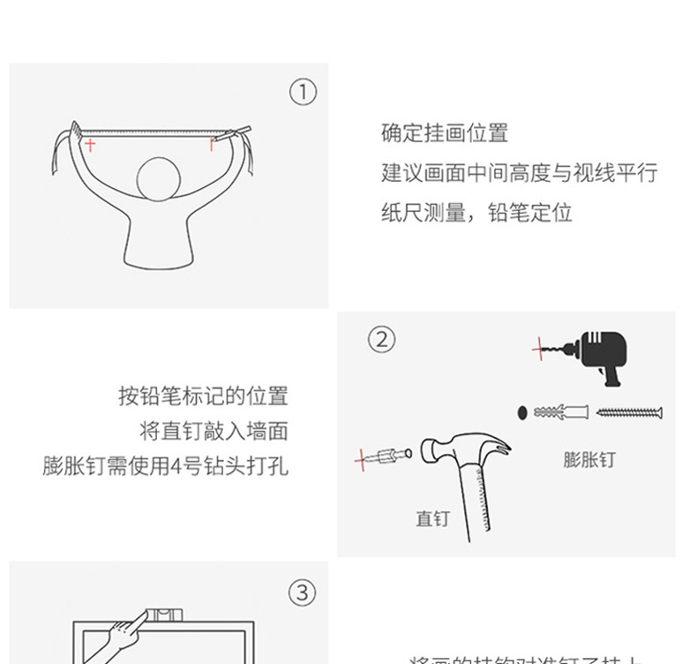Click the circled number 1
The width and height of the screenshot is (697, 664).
tap(303, 92)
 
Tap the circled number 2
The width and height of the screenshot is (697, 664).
tap(381, 339)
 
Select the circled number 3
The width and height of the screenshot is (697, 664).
tap(303, 592)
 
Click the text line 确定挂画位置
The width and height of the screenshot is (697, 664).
tap(445, 133)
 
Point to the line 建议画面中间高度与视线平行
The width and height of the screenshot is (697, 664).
tap(519, 173)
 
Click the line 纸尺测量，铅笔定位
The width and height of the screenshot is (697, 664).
tap(476, 213)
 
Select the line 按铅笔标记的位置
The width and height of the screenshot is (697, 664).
tap(203, 396)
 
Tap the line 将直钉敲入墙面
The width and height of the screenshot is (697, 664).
tap(214, 431)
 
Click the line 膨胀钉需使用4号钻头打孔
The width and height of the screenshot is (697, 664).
tap(165, 465)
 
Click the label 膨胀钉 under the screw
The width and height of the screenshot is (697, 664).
tap(589, 460)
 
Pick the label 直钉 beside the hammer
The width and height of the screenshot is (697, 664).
tap(432, 518)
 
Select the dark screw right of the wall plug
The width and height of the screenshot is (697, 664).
tap(629, 412)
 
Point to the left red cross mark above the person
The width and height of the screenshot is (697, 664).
tap(90, 144)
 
